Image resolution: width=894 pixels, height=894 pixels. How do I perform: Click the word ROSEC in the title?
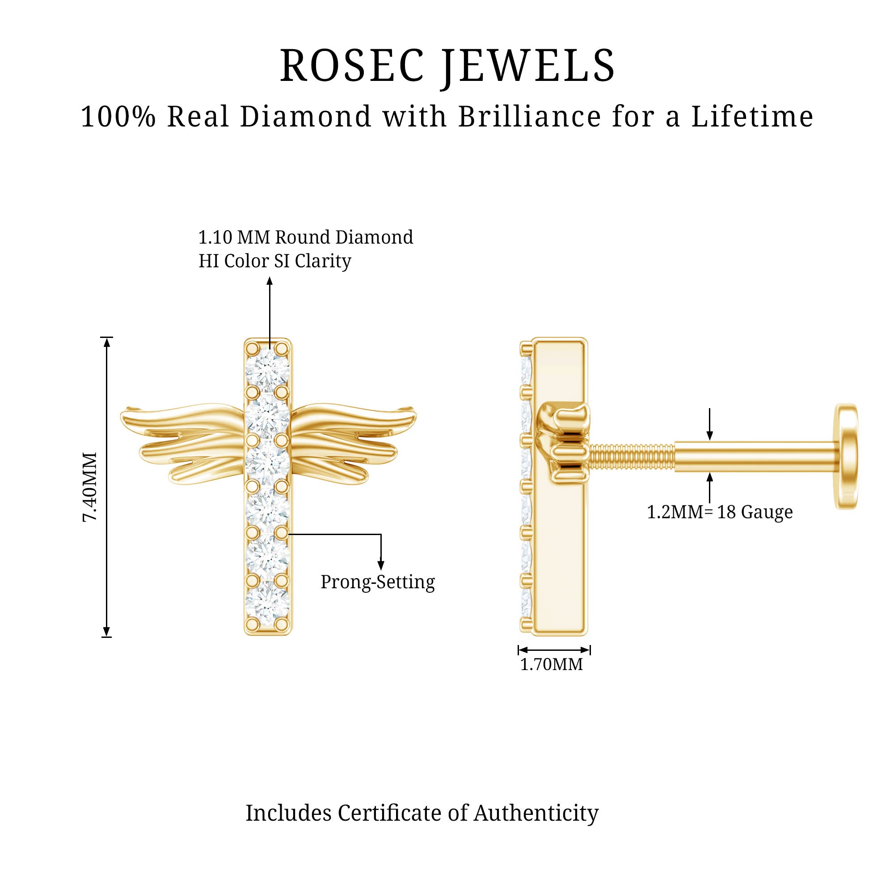coord(352,66)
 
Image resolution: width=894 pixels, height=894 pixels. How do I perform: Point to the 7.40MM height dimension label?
coord(90,487)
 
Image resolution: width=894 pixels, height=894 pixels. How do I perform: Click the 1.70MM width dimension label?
coord(552,665)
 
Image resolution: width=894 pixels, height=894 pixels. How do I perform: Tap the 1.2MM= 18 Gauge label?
coord(720,512)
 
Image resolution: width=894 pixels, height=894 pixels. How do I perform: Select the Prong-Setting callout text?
coord(378,582)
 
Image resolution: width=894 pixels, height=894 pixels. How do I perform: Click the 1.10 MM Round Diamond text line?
coord(306,237)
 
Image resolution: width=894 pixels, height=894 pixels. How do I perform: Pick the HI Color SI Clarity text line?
coord(275,261)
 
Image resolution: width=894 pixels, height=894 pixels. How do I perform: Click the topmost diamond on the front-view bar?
coord(267,369)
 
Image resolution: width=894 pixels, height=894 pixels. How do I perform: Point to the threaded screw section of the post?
coord(631,457)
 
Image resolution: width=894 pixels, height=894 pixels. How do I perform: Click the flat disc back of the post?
coord(846,456)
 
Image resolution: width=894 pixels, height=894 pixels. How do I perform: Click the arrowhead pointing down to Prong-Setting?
coord(381,565)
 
